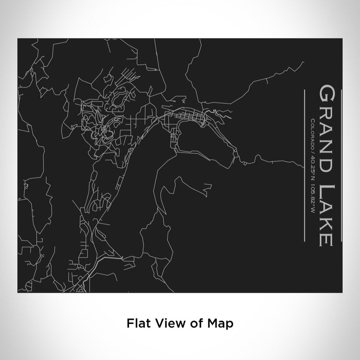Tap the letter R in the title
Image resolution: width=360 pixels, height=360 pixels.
pyautogui.click(x=327, y=113)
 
